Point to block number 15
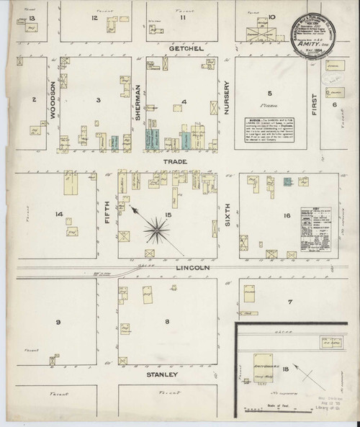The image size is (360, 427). pyautogui.click(x=168, y=215)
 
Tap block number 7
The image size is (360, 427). pyautogui.click(x=290, y=301)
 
